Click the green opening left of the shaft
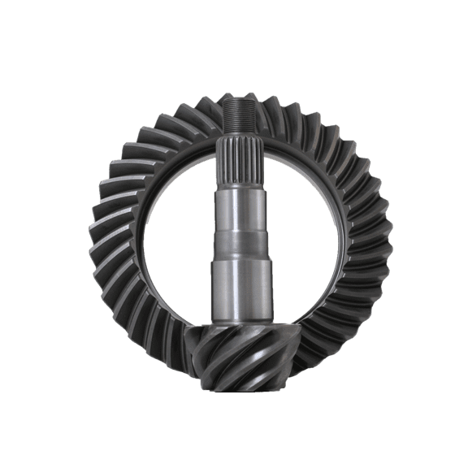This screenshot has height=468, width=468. (175, 236)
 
